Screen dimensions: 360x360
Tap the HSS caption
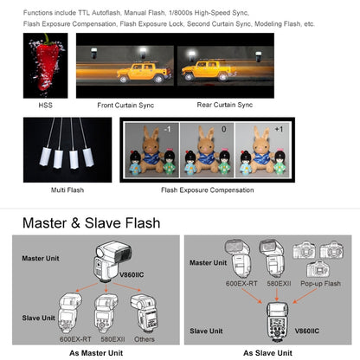click(x=46, y=105)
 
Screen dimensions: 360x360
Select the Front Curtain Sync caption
click(x=125, y=106)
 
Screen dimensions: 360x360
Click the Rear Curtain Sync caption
click(x=225, y=105)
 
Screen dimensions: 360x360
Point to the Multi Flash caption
click(x=67, y=190)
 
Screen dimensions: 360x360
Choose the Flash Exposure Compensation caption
click(x=208, y=190)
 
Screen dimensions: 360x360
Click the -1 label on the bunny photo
click(x=167, y=129)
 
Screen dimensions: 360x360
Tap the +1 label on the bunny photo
click(x=279, y=129)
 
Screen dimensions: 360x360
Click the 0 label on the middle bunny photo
click(x=224, y=129)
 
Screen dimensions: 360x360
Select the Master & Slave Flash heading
click(x=92, y=223)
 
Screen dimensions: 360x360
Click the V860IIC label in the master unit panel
click(x=132, y=274)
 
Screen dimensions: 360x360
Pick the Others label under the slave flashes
click(x=145, y=339)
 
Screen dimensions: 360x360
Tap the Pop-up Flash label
click(x=320, y=284)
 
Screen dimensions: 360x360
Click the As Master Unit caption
click(x=96, y=353)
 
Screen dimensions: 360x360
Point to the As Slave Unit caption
click(x=267, y=353)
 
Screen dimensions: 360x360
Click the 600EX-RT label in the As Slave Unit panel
click(x=241, y=284)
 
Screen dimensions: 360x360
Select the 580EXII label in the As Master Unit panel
click(x=112, y=339)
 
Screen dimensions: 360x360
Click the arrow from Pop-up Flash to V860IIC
click(x=305, y=296)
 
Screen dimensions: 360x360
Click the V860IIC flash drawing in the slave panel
click(x=277, y=322)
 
